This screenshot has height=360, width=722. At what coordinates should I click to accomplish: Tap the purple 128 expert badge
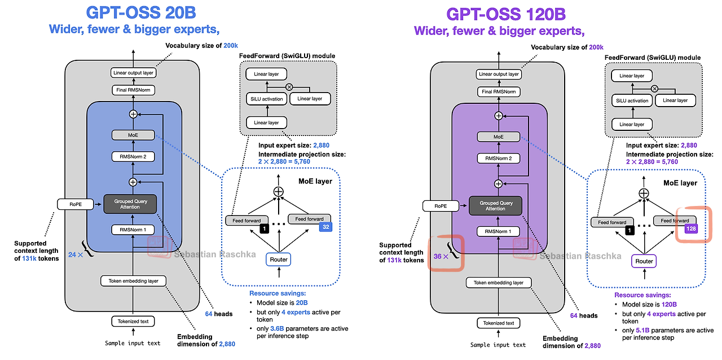coord(691,229)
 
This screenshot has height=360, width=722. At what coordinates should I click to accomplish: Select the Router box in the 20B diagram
coord(279,259)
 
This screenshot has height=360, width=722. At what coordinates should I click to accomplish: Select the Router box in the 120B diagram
coord(644,261)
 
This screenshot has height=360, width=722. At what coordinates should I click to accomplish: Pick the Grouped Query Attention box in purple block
coord(495,206)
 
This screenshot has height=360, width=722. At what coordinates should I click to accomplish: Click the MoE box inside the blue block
coord(133,135)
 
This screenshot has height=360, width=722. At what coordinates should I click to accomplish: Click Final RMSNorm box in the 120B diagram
coord(498,91)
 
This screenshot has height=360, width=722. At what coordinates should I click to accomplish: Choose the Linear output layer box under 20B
coord(133,73)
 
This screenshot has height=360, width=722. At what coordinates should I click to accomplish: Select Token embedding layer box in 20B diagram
coord(133,280)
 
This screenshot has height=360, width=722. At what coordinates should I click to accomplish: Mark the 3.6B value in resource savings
coord(278,328)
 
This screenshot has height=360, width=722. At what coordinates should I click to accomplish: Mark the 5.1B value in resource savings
coord(642,330)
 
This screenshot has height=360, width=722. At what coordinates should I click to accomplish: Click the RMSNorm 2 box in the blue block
coord(133,156)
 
